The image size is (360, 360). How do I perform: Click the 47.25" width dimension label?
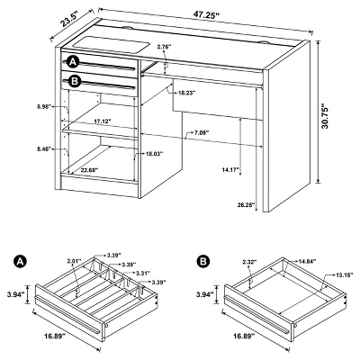pyautogui.click(x=207, y=15)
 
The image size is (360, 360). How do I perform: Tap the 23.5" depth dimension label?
pyautogui.click(x=68, y=19)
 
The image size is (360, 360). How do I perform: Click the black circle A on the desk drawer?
pyautogui.click(x=73, y=62)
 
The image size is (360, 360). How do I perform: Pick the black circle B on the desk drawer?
pyautogui.click(x=74, y=81)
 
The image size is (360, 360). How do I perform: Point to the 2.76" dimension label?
pyautogui.click(x=164, y=47)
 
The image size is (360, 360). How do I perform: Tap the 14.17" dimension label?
pyautogui.click(x=230, y=170)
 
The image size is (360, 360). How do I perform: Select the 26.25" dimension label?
pyautogui.click(x=246, y=204)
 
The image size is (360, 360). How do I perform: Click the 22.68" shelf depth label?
pyautogui.click(x=89, y=170)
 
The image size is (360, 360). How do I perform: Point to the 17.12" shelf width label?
pyautogui.click(x=103, y=121)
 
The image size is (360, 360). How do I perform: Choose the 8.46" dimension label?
pyautogui.click(x=44, y=148)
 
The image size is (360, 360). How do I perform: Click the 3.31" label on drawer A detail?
pyautogui.click(x=143, y=273)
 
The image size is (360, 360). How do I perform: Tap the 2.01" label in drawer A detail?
pyautogui.click(x=74, y=261)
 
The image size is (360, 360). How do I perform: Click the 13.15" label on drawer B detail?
pyautogui.click(x=345, y=274)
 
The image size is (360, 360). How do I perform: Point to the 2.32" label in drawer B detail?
pyautogui.click(x=250, y=262)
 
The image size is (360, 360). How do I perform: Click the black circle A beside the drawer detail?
pyautogui.click(x=21, y=261)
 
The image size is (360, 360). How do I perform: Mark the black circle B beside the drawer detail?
pyautogui.click(x=203, y=261)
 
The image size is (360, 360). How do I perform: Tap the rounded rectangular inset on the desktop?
pyautogui.click(x=111, y=43)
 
